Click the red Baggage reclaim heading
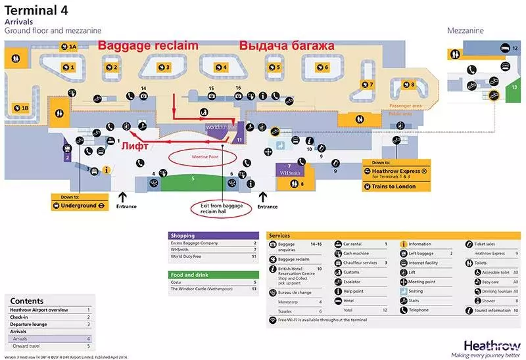pyautogui.click(x=148, y=46)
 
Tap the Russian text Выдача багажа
pyautogui.click(x=287, y=46)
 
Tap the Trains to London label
pyautogui.click(x=396, y=187)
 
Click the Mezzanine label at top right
pyautogui.click(x=466, y=31)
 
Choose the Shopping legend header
pyautogui.click(x=183, y=235)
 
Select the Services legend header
pyautogui.click(x=280, y=235)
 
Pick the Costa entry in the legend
pyautogui.click(x=178, y=282)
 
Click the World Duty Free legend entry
pyautogui.click(x=187, y=257)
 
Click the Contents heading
pyautogui.click(x=27, y=301)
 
